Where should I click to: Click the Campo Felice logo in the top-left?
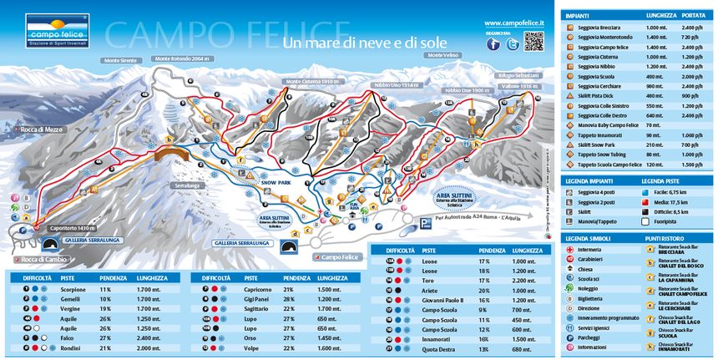click(x=57, y=30)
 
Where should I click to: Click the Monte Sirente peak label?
click(x=120, y=61)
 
